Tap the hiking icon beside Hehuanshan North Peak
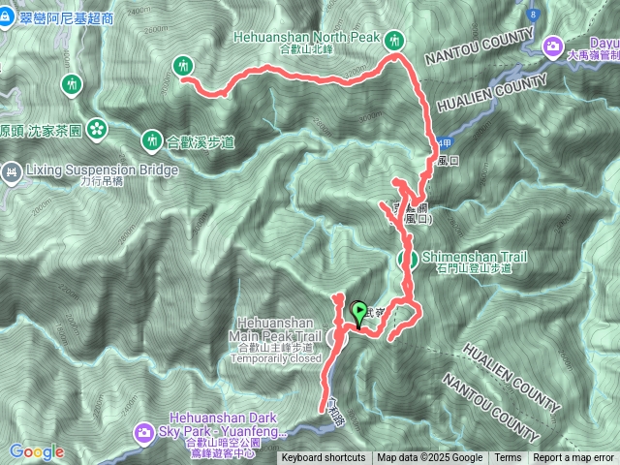pos(393,40)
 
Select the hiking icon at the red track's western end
pos(182,67)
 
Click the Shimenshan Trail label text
pos(475,257)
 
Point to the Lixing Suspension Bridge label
pos(102,170)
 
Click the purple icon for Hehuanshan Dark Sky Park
pos(143,430)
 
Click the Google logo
pos(37,451)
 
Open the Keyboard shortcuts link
pos(324,458)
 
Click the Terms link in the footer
pos(508,458)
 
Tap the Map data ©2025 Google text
pos(430,458)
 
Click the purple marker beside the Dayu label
pos(554,45)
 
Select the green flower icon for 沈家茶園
pos(96,128)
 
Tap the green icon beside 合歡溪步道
pos(151,140)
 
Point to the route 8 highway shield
pos(533,15)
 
